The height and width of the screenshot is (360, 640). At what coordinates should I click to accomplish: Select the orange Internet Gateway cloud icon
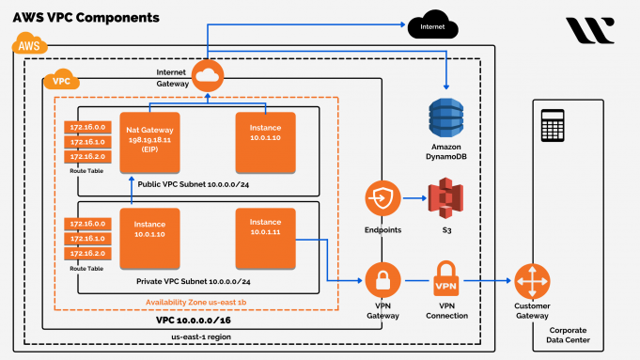pos(205,72)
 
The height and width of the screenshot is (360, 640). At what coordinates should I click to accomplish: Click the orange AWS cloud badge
pos(28,43)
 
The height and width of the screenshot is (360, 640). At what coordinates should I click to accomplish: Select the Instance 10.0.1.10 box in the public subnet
pos(266,141)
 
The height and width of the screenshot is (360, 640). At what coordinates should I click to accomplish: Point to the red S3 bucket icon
pos(447,200)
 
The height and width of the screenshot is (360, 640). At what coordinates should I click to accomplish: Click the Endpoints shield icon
pos(382,199)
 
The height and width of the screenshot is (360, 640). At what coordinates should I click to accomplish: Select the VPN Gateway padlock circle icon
pos(382,280)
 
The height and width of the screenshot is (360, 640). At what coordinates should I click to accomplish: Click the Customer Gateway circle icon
pos(532,280)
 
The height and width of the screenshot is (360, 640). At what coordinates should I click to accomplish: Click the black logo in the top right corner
pos(590,29)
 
